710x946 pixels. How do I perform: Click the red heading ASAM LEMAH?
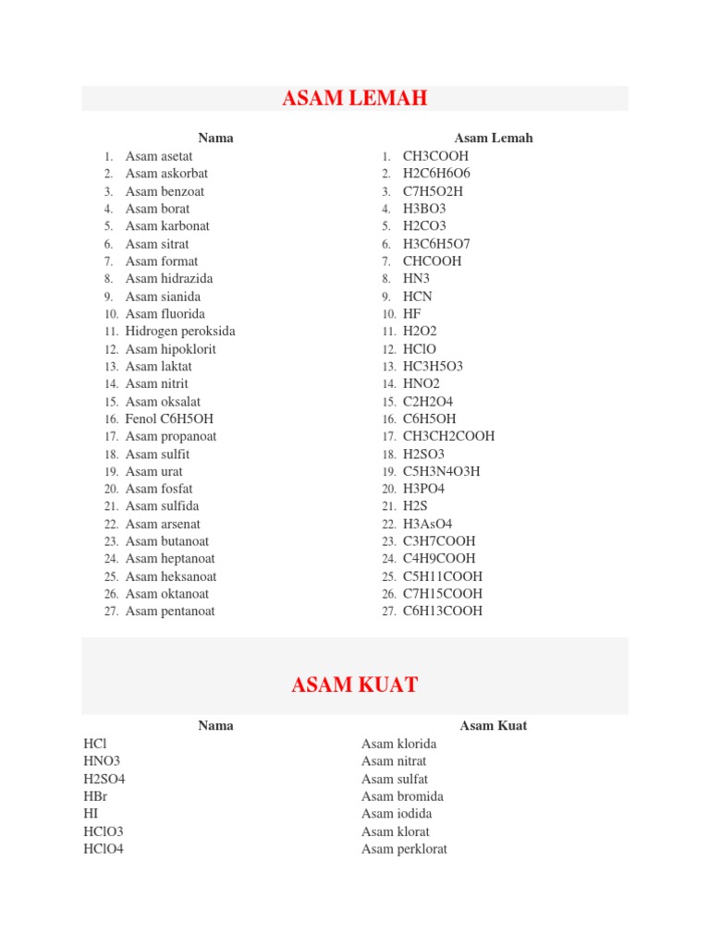coord(355,99)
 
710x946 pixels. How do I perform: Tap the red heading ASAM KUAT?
coord(355,685)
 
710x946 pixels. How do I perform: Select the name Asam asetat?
coord(159,156)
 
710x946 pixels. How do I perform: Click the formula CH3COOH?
coord(435,156)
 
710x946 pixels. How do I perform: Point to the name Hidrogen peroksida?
coord(180,331)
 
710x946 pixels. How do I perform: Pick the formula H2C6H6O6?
coord(436,174)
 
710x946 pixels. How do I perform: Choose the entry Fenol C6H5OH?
coord(169,418)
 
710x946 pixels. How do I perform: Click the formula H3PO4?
coord(423,489)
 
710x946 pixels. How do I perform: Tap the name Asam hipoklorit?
coord(171,348)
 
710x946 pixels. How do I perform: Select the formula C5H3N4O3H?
coord(441,471)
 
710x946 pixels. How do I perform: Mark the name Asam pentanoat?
coord(170,611)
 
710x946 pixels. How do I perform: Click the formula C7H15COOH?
coord(442,593)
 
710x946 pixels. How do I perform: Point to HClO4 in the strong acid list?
coord(103,849)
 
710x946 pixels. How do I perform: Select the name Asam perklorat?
coord(404,849)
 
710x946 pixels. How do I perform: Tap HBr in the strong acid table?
coord(95,796)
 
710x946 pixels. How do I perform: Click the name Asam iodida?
coord(397,814)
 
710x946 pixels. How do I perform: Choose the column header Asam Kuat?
coord(494,726)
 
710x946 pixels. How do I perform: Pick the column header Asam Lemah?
coord(494,139)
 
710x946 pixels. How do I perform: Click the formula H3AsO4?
coord(426,524)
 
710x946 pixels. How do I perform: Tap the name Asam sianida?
coord(163,297)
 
